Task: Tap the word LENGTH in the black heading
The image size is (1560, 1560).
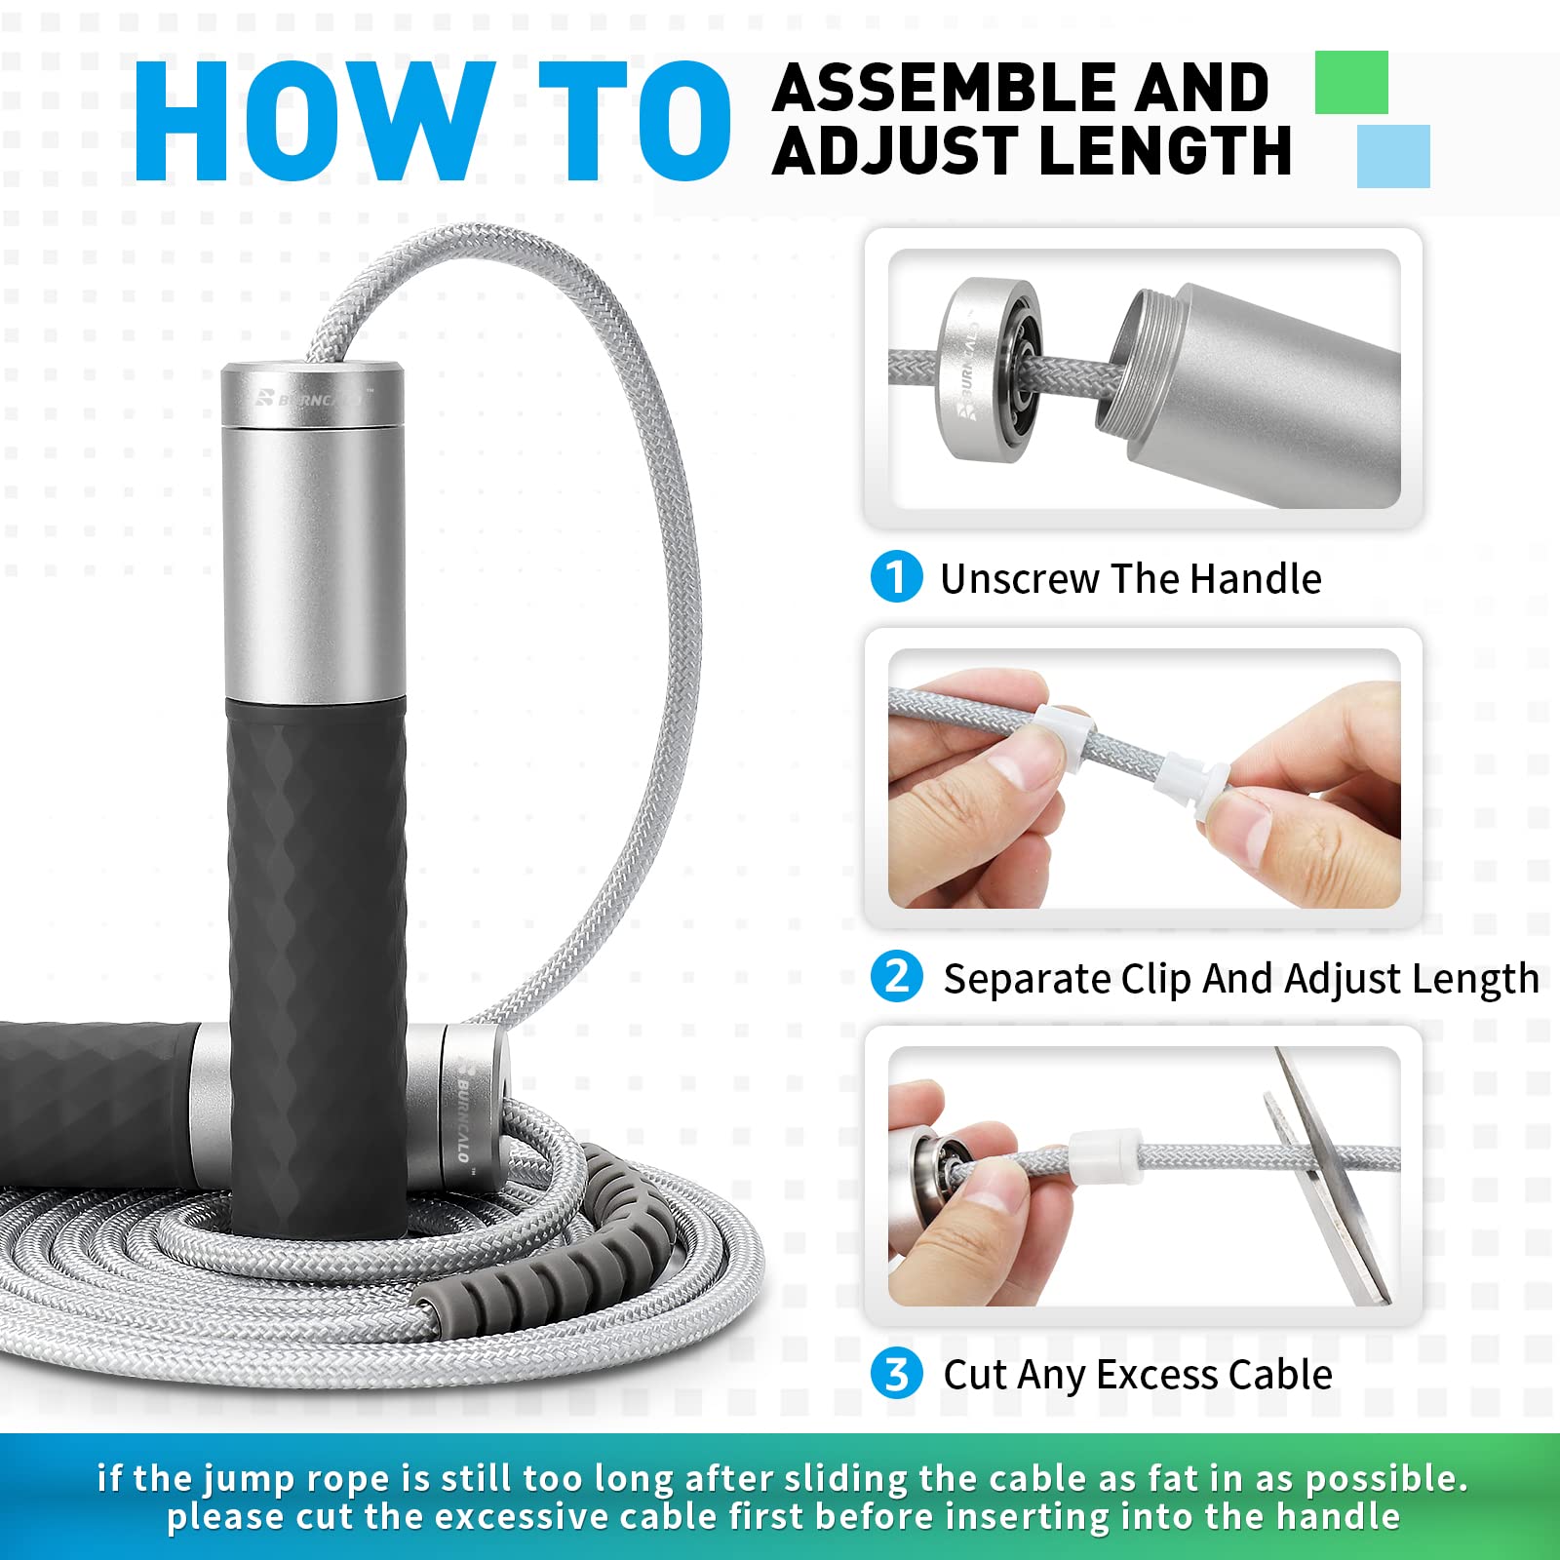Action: click(1165, 152)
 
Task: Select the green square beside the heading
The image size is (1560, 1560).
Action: click(1350, 83)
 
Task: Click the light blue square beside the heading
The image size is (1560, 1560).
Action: click(1393, 156)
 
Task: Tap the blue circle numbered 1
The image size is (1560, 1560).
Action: click(896, 576)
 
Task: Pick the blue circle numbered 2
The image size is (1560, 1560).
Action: click(896, 976)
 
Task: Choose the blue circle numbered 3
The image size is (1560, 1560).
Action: click(896, 1373)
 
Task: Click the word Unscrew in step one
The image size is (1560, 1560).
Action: click(1019, 579)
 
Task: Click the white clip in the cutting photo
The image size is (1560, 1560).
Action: click(1105, 1155)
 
